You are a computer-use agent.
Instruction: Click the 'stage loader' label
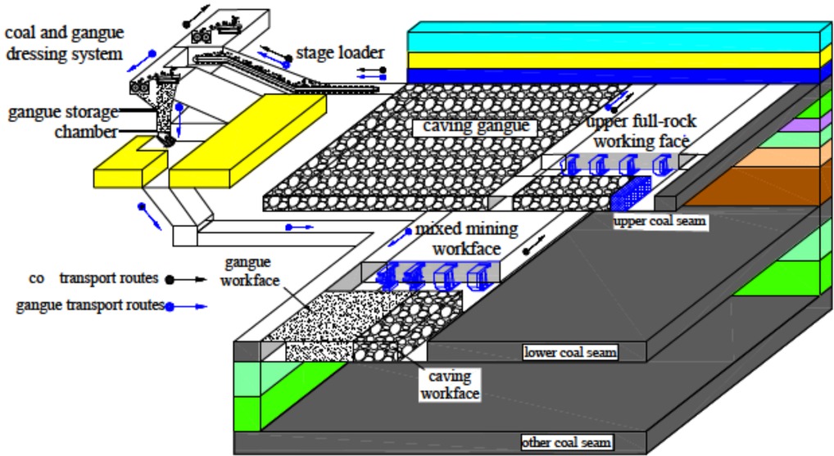[339, 53]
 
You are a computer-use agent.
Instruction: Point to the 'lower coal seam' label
[570, 353]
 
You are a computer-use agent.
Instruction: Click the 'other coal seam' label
[567, 443]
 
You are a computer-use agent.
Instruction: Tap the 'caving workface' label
[450, 385]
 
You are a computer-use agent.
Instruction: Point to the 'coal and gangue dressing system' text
[64, 43]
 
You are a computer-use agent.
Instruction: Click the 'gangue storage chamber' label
[64, 121]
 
